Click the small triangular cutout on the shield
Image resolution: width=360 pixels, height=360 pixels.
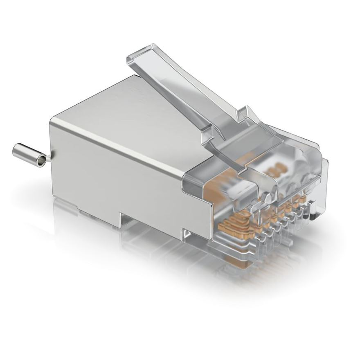coord(187,234)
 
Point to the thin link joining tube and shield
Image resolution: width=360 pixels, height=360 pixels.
coord(48,158)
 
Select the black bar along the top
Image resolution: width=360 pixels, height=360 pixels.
coord(180,10)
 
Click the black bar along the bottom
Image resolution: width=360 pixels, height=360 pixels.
coord(180,350)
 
